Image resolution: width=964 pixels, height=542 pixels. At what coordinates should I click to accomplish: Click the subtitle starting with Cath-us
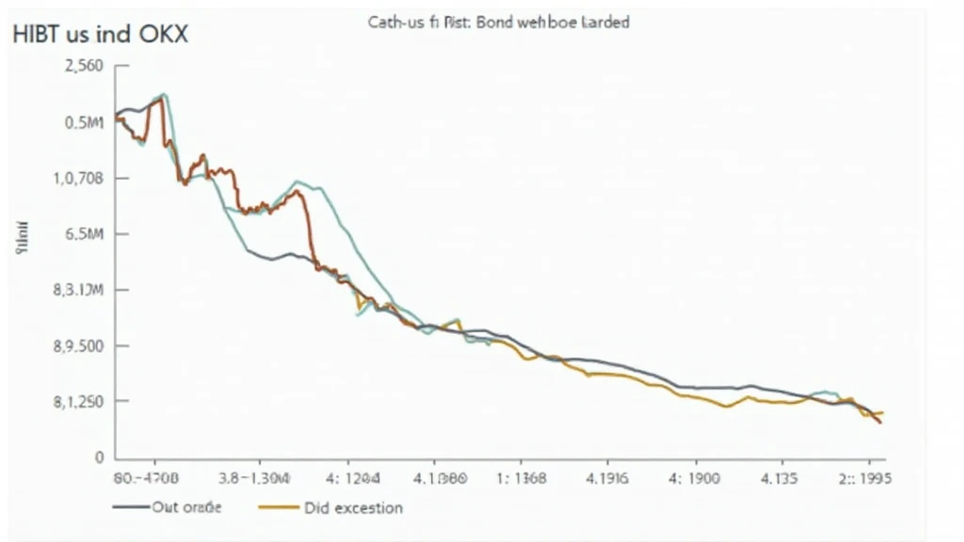[x=498, y=22]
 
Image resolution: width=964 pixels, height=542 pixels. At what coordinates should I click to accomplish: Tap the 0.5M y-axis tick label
[x=84, y=122]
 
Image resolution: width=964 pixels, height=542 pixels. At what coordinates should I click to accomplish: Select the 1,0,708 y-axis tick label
[x=78, y=178]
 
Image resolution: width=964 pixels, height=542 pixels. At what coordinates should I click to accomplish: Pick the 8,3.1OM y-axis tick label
[x=78, y=290]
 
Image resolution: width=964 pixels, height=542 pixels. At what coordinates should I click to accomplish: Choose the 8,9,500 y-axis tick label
[x=78, y=346]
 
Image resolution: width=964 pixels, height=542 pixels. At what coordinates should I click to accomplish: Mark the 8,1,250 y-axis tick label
[x=78, y=402]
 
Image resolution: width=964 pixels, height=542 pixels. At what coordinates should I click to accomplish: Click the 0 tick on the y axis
[x=97, y=458]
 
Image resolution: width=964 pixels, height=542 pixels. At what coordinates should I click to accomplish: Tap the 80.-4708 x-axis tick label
[x=145, y=478]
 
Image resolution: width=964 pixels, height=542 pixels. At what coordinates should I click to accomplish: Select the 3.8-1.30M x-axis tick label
[x=254, y=478]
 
